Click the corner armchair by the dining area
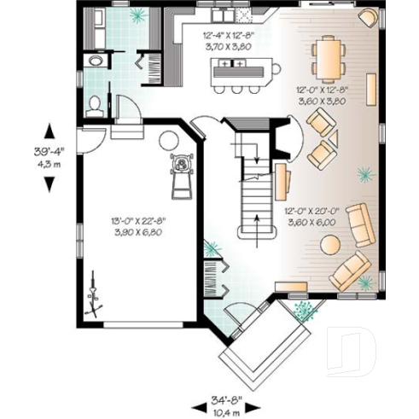pos(367,17)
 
